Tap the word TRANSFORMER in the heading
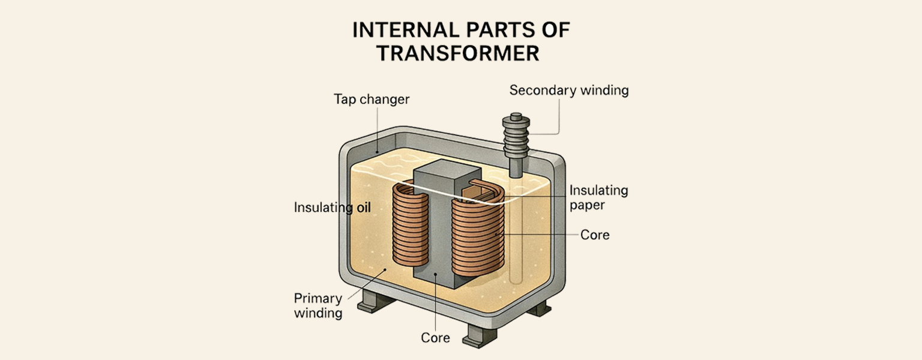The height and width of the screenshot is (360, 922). tap(457, 53)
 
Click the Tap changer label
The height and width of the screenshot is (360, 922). tap(372, 99)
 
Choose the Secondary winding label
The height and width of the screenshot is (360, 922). tap(568, 91)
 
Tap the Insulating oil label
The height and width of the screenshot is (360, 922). tap(332, 208)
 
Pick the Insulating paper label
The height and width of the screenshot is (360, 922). tap(598, 197)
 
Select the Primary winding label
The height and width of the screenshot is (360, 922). tap(318, 305)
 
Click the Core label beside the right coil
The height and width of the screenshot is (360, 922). tap(594, 235)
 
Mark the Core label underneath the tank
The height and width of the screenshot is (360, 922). tap(435, 338)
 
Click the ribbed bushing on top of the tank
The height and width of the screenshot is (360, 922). tap(516, 138)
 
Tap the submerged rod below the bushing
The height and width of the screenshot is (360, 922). tap(515, 240)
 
